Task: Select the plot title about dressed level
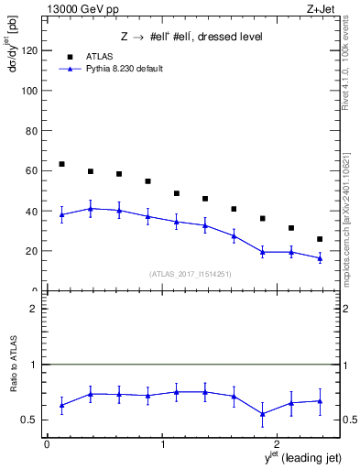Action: [191, 37]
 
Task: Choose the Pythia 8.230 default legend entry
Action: [125, 69]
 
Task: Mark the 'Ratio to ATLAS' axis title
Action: [13, 391]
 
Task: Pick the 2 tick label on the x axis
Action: [278, 444]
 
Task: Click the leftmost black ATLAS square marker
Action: [61, 164]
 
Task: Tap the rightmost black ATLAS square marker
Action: [320, 239]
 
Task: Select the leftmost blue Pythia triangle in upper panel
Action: [61, 215]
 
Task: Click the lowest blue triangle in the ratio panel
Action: [262, 413]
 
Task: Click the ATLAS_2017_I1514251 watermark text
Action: [191, 274]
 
